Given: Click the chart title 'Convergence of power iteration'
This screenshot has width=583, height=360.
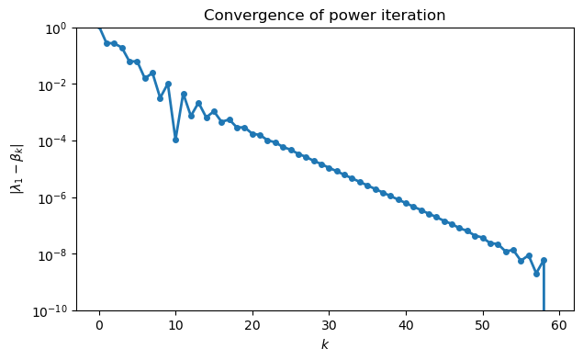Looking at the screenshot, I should click(x=324, y=16).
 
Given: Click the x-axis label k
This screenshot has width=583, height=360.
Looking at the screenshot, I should click(x=324, y=344).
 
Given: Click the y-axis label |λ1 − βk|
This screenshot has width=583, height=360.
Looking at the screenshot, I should click(x=16, y=169).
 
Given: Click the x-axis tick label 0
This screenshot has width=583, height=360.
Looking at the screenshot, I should click(x=99, y=324).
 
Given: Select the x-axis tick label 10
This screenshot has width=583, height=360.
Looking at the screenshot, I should click(x=175, y=324).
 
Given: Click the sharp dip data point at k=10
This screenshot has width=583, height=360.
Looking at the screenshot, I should click(x=175, y=140).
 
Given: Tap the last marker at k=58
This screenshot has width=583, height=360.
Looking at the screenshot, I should click(x=544, y=260).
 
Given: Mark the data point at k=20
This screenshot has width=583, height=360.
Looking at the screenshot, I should click(x=252, y=134).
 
